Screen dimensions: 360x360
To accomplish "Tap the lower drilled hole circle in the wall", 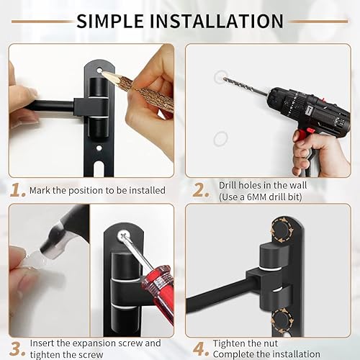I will [x=221, y=137].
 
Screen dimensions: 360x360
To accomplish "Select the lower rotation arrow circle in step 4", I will [x=281, y=317].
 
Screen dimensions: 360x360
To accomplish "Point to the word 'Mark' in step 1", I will [x=41, y=191].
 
